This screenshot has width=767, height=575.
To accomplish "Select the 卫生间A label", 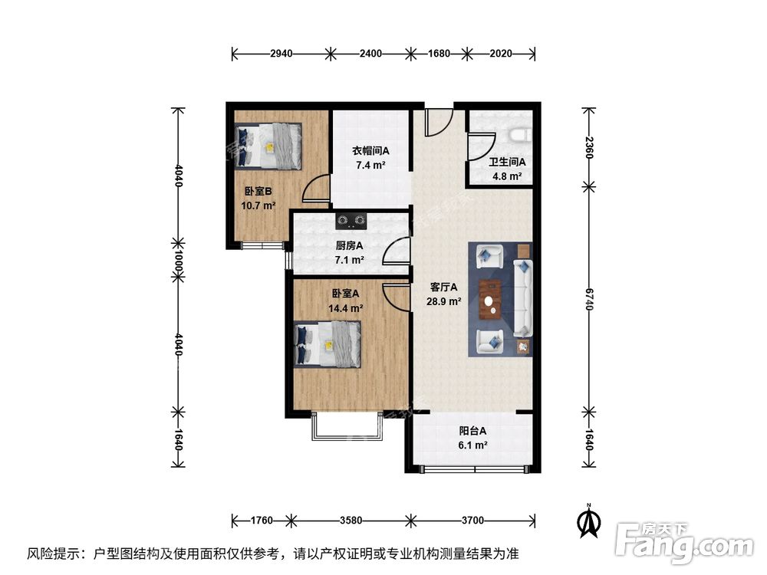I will click(507, 162).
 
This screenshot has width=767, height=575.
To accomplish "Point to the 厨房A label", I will click(349, 246).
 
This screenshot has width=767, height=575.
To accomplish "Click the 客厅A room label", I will click(443, 287).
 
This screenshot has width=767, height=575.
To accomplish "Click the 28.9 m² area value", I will click(443, 302).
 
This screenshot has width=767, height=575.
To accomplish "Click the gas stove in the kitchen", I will click(351, 222).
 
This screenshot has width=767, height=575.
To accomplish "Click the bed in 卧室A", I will click(328, 342).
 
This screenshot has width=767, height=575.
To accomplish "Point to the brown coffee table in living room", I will click(490, 298).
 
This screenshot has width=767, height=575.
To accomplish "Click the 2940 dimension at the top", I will click(281, 54).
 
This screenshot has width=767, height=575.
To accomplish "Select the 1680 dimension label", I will click(438, 54).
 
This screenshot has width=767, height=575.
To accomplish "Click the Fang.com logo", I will click(684, 540).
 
